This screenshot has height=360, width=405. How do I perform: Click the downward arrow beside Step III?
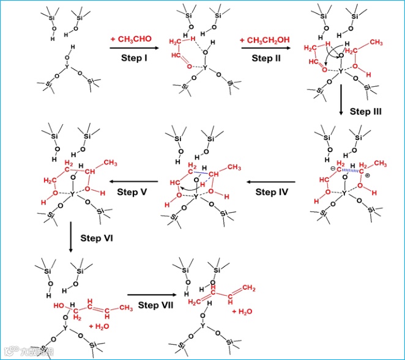point(341,111)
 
